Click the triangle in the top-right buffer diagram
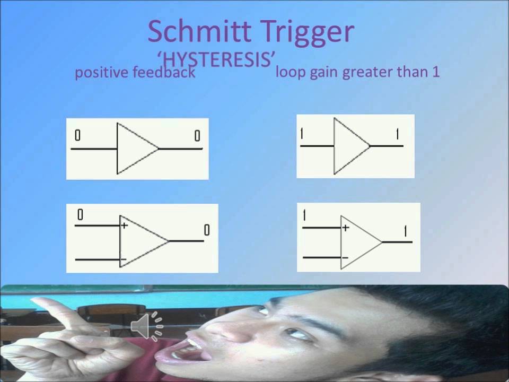(x=349, y=146)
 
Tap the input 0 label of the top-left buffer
(x=77, y=136)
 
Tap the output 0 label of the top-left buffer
(x=197, y=136)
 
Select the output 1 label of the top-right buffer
(x=397, y=134)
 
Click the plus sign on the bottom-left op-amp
(x=125, y=225)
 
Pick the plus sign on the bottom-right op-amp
(x=345, y=228)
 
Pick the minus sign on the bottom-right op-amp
(x=345, y=258)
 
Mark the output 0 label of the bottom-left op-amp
(x=207, y=230)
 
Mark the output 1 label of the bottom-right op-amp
(x=405, y=231)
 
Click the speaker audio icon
(x=148, y=326)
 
